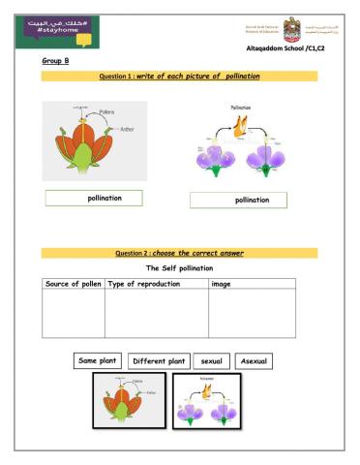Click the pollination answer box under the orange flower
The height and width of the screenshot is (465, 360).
pyautogui.click(x=94, y=199)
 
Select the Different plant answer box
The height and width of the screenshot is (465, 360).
pyautogui.click(x=158, y=361)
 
